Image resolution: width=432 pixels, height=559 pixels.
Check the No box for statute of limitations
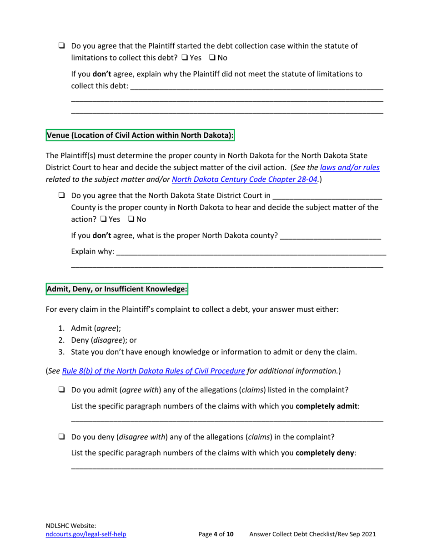click(x=212, y=58)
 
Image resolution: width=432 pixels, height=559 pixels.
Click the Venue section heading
click(x=141, y=135)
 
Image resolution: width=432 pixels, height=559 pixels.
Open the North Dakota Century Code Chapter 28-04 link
click(x=245, y=179)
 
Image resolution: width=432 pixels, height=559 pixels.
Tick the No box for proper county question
click(x=131, y=219)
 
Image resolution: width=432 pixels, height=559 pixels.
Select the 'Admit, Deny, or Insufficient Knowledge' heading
click(x=117, y=288)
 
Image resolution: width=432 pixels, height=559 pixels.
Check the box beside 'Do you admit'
click(x=61, y=390)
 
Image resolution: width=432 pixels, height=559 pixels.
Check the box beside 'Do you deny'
click(x=61, y=437)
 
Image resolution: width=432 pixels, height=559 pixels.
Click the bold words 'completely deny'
click(x=325, y=453)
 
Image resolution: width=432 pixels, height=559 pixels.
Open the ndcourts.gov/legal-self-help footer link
click(x=86, y=535)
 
